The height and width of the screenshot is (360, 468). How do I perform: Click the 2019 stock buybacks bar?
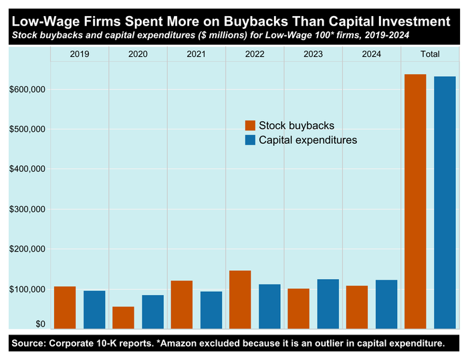pyautogui.click(x=65, y=308)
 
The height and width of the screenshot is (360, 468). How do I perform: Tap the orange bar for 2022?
pyautogui.click(x=240, y=300)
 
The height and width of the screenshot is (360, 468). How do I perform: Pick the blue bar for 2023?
pyautogui.click(x=328, y=304)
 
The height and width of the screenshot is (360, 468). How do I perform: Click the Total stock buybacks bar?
pyautogui.click(x=415, y=201)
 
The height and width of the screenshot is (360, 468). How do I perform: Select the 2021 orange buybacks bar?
pyautogui.click(x=181, y=304)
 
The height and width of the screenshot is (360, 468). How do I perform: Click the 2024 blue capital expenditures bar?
pyautogui.click(x=386, y=304)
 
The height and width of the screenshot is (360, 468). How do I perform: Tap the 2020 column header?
pyautogui.click(x=138, y=54)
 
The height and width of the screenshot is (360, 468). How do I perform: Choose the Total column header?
pyautogui.click(x=430, y=54)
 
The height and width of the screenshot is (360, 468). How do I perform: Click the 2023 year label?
pyautogui.click(x=313, y=54)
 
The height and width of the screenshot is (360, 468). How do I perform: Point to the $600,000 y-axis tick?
pyautogui.click(x=27, y=89)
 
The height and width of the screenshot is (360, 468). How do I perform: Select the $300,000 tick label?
pyautogui.click(x=27, y=209)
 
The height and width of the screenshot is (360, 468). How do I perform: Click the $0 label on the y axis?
pyautogui.click(x=40, y=325)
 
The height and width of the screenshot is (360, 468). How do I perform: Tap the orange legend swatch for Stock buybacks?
pyautogui.click(x=251, y=126)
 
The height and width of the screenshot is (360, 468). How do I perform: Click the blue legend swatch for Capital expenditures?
pyautogui.click(x=251, y=141)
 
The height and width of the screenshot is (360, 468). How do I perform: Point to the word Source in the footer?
pyautogui.click(x=29, y=344)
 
